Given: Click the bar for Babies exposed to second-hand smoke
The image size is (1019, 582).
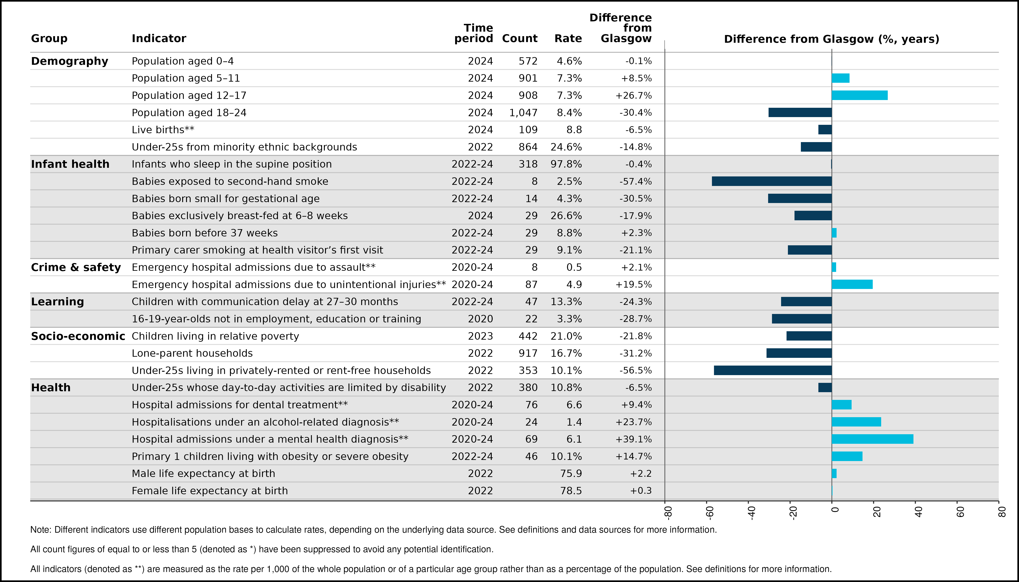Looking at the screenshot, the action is (772, 181).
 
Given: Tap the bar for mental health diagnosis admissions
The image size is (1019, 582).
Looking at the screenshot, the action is (872, 439).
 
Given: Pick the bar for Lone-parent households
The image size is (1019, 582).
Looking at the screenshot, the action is (799, 353).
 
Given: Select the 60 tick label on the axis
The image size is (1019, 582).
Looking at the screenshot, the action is (960, 512).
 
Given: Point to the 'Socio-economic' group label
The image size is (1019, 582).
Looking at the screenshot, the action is (78, 336).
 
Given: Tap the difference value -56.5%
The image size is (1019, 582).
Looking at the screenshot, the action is (636, 371).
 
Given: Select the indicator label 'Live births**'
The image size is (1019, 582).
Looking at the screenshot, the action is (163, 130).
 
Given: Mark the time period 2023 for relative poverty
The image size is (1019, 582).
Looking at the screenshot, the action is (480, 336).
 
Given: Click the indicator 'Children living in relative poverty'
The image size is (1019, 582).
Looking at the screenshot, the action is (215, 336).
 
